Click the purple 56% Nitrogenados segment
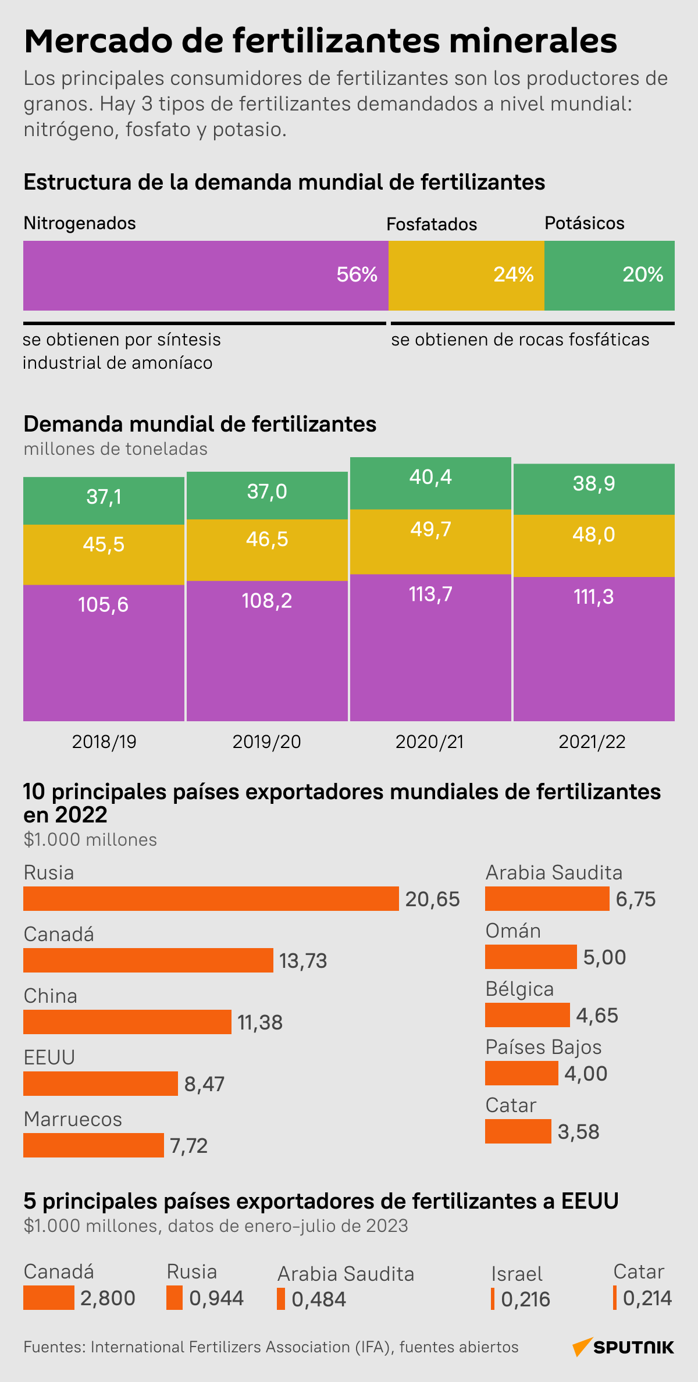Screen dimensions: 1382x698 205,275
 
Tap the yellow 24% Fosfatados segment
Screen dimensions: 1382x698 466,275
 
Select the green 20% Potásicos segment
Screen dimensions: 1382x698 609,275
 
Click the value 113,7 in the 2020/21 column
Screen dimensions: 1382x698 430,594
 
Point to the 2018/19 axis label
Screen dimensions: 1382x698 104,742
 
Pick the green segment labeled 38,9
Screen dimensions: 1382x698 594,489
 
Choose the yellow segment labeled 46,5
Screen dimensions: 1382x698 267,550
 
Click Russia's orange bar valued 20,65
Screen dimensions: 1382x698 211,899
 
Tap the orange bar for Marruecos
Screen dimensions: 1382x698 93,1145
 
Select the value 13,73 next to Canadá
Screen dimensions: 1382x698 303,961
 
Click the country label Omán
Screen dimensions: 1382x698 513,931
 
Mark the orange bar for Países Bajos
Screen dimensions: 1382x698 521,1073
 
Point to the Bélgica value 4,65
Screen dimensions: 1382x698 597,1016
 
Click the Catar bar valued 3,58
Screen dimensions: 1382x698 518,1131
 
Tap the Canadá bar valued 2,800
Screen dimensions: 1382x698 48,1298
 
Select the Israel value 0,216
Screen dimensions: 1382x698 525,1299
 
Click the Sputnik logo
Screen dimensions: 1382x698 624,1347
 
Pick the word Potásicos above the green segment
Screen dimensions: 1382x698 584,223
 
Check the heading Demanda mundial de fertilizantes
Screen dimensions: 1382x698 200,424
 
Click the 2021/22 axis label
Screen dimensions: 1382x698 592,742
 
